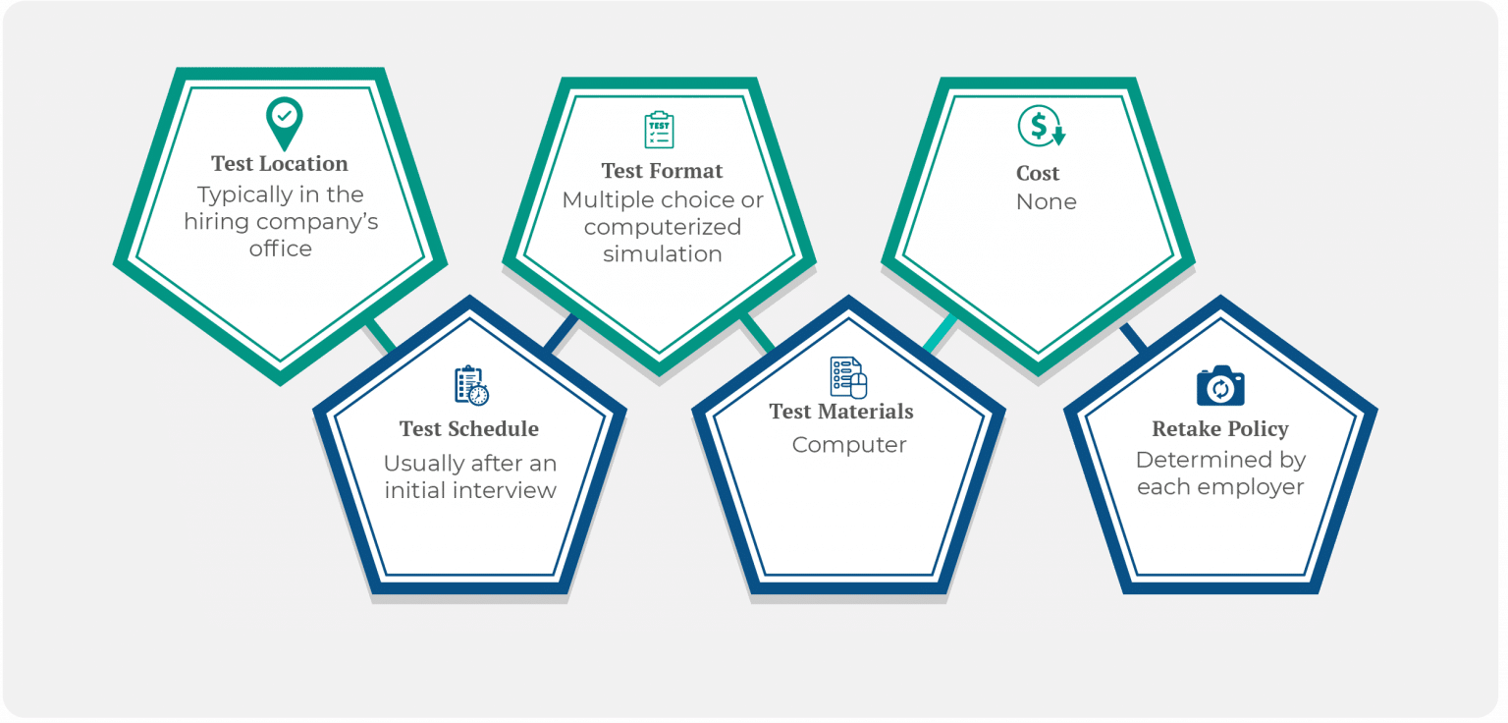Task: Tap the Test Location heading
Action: pos(280,164)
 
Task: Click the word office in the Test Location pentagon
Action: pos(280,249)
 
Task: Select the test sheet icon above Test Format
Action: pos(659,130)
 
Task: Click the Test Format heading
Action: pos(662,171)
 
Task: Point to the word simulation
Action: pos(662,253)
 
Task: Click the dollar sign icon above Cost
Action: pos(1041,127)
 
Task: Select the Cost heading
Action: pos(1038,174)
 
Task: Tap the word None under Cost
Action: pos(1046,202)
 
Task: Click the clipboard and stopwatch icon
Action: pos(471,386)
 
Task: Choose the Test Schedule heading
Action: pos(468,429)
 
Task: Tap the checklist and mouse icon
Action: pos(848,377)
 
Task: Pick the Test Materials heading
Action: pos(841,412)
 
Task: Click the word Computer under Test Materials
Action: pos(848,445)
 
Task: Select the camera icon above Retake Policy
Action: pos(1220,386)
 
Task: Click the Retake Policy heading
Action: pos(1220,429)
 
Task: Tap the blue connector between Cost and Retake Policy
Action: pos(1134,337)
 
